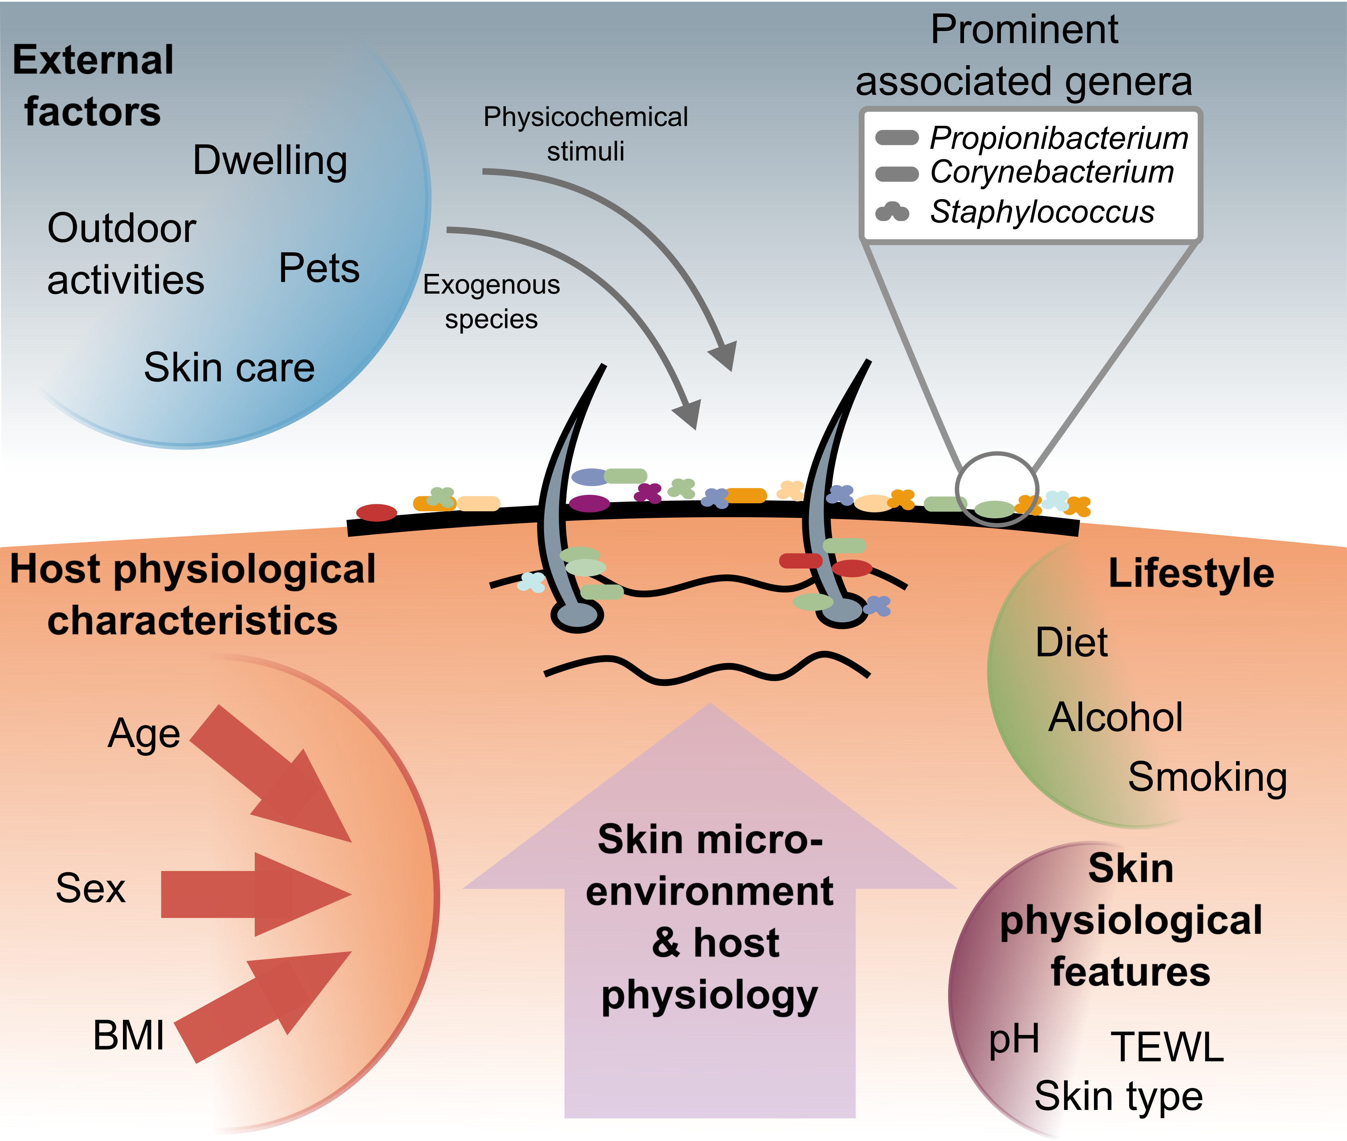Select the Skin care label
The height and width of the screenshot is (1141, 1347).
(x=229, y=368)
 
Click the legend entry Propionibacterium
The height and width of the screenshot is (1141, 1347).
(x=1058, y=138)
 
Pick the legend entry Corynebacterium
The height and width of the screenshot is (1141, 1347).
(x=1051, y=172)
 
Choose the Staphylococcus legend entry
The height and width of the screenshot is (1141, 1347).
(x=1042, y=211)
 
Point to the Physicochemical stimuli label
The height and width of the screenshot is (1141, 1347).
(x=585, y=134)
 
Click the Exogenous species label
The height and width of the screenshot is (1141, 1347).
(x=492, y=301)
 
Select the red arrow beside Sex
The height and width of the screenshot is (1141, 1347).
(x=259, y=894)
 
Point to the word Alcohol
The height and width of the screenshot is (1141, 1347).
(x=1116, y=717)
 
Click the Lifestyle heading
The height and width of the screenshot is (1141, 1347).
(x=1191, y=573)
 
